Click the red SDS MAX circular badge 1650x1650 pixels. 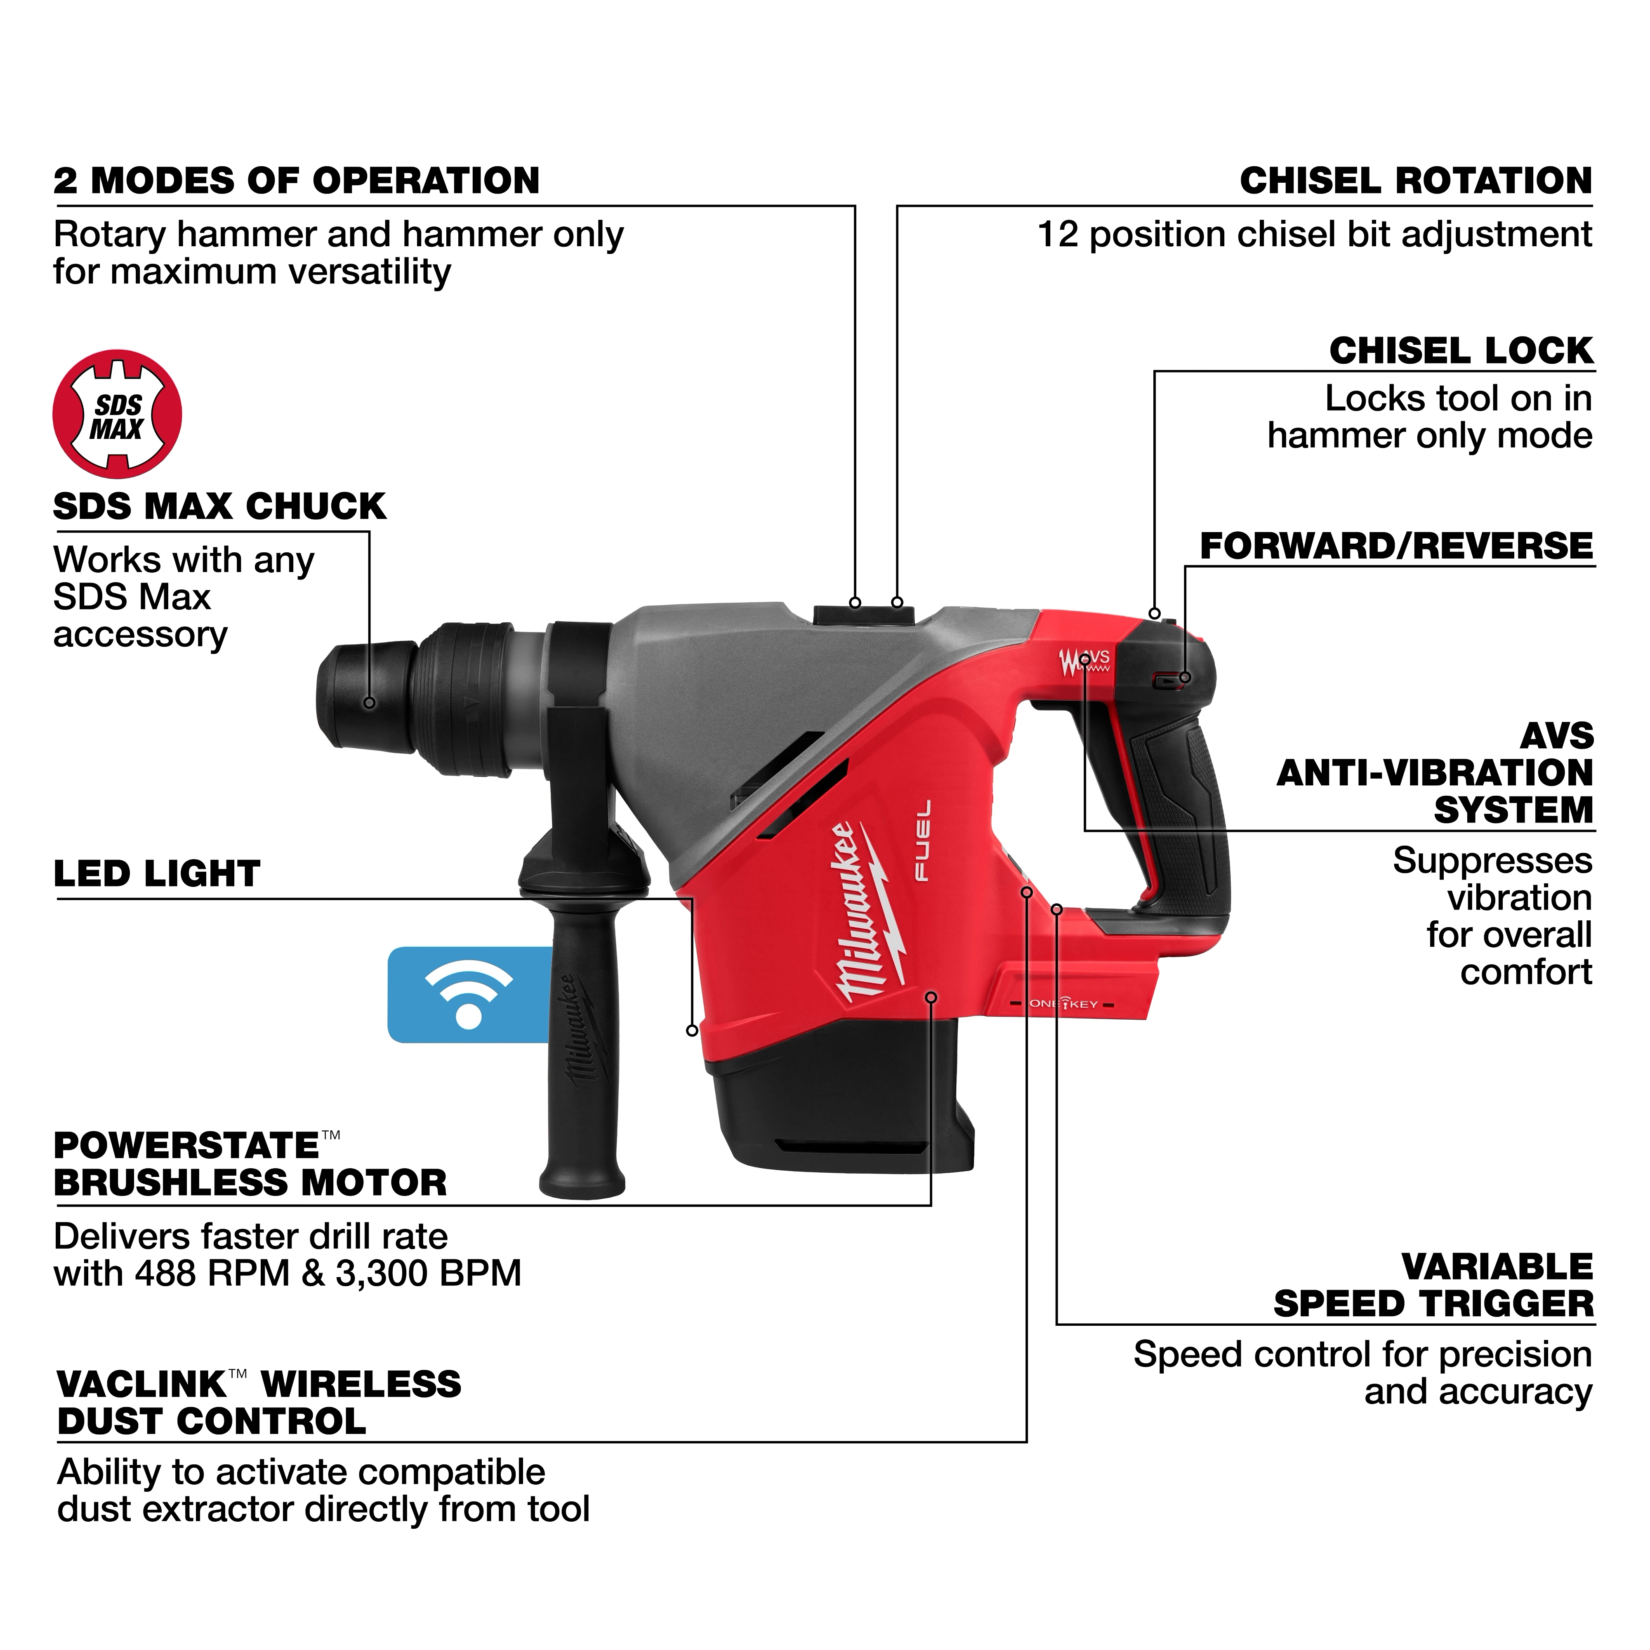(x=117, y=413)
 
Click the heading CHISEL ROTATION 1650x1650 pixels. (x=1415, y=181)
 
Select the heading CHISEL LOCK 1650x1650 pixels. (x=1460, y=351)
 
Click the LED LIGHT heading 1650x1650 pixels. (x=156, y=874)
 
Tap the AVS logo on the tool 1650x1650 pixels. (x=1084, y=662)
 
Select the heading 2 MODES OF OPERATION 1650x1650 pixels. (x=296, y=181)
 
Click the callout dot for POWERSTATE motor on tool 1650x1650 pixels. (x=931, y=997)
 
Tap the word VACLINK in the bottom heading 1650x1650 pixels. (x=141, y=1384)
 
